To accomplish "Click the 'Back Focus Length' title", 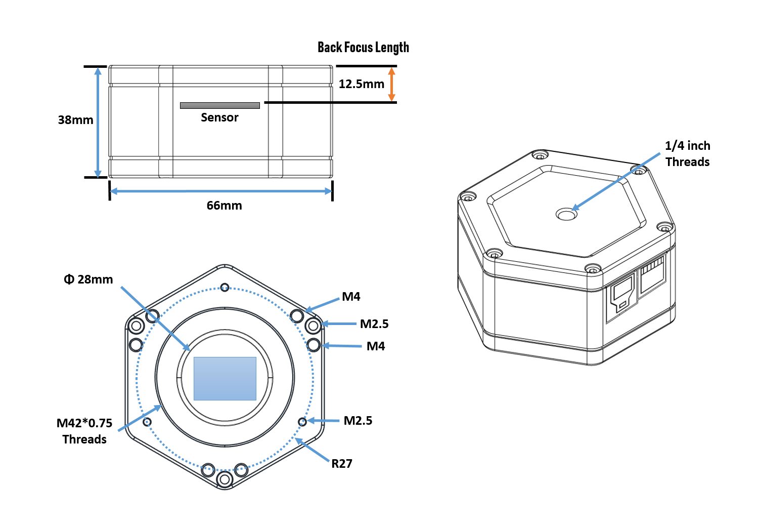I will click(363, 48).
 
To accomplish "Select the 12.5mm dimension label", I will click(361, 84).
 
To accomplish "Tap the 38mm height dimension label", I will click(75, 120).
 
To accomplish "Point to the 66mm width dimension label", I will click(224, 206).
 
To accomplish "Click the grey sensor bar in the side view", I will click(219, 105).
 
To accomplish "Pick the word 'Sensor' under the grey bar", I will click(219, 117).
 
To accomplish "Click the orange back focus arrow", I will click(391, 84).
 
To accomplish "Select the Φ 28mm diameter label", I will click(88, 279).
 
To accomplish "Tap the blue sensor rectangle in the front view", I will click(225, 379).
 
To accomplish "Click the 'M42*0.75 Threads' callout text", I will click(84, 431).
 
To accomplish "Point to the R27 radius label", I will click(342, 464).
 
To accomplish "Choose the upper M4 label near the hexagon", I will click(351, 297).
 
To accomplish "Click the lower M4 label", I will click(376, 346).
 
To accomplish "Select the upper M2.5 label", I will click(374, 324).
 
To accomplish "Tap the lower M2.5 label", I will click(358, 421).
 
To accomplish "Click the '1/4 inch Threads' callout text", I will click(687, 154).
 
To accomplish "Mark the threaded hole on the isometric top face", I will click(566, 215).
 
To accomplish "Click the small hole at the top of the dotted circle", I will click(225, 287).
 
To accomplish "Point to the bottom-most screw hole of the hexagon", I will click(225, 479).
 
